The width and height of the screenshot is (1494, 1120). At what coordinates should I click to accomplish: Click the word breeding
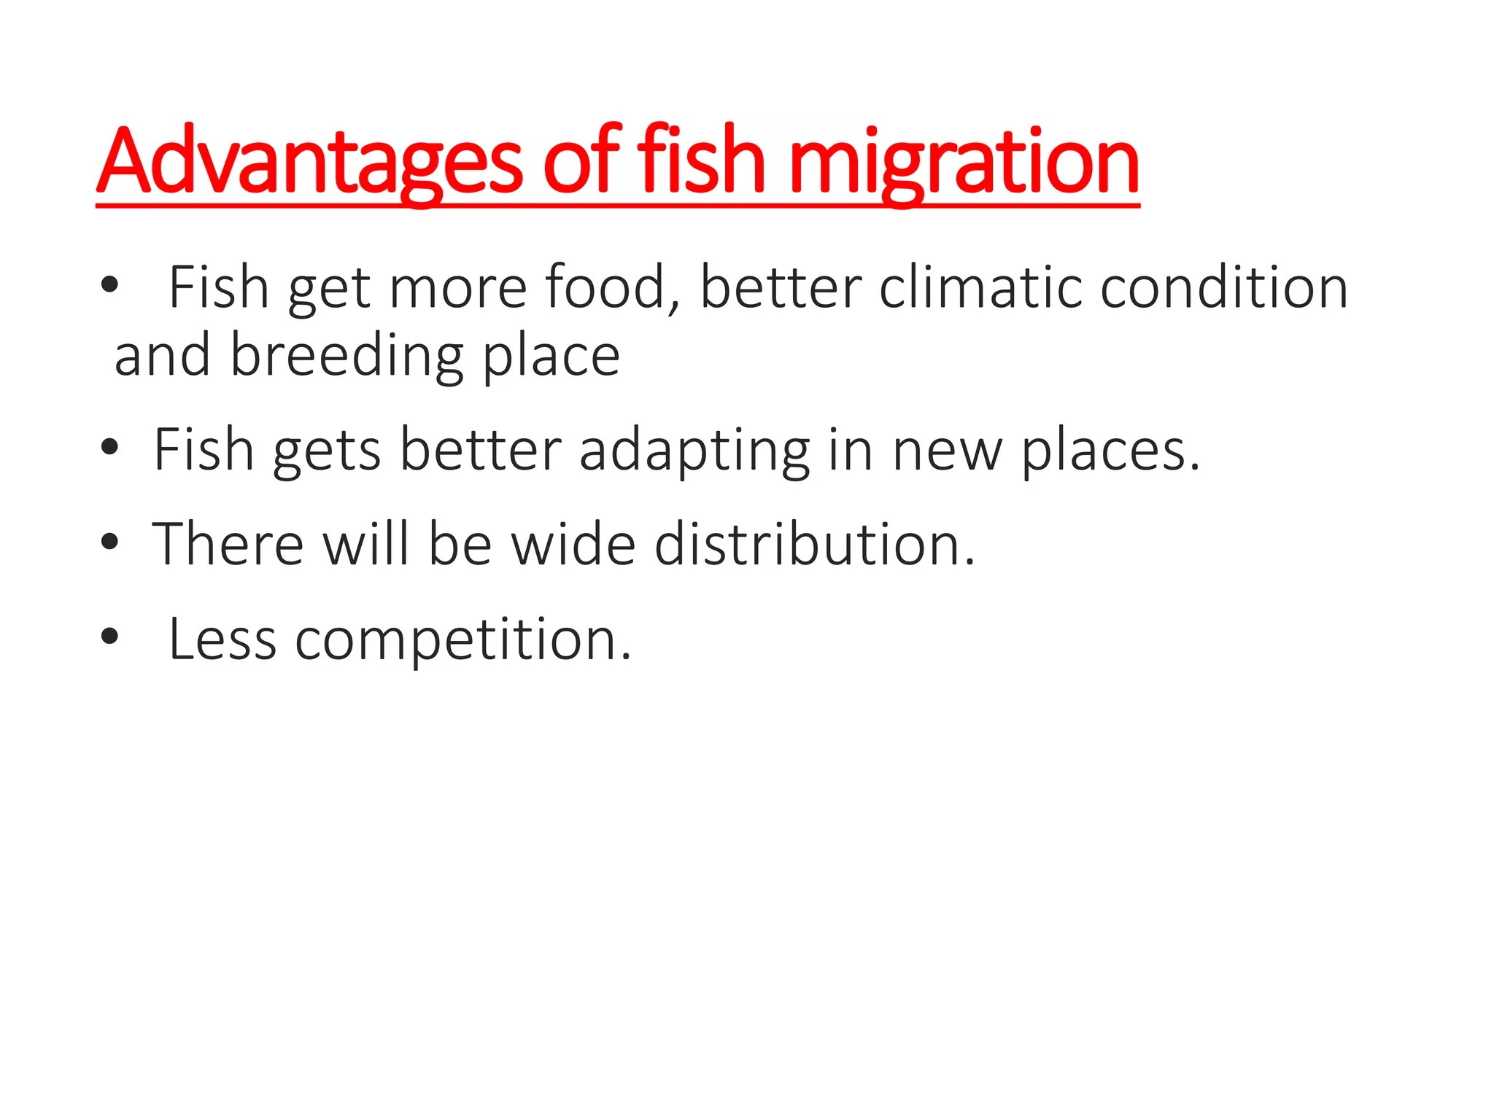point(347,357)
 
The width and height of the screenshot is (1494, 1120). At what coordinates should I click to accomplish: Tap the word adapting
point(694,451)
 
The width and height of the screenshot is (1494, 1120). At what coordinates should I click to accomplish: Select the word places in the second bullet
point(1109,451)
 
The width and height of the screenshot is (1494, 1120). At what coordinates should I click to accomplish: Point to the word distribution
point(814,544)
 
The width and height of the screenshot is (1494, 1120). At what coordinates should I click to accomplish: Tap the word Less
point(222,639)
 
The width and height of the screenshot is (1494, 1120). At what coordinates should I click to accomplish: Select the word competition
point(462,640)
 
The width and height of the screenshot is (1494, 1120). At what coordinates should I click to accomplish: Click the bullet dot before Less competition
point(109,637)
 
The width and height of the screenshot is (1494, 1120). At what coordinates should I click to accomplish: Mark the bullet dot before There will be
point(109,542)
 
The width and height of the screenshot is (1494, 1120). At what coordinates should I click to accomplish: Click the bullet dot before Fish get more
point(109,286)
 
